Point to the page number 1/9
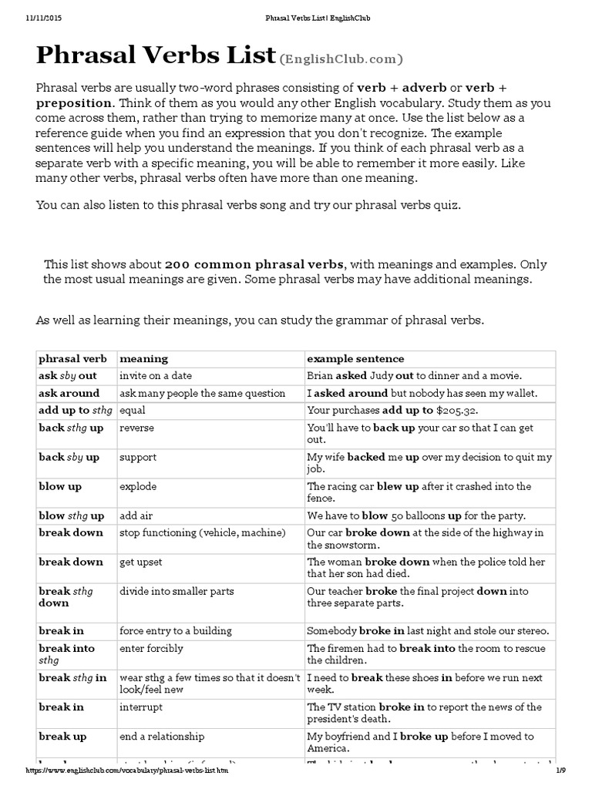(x=560, y=770)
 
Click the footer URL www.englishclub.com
(x=128, y=770)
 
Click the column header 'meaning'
(x=143, y=359)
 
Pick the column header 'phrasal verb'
(x=73, y=359)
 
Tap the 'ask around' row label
(x=69, y=393)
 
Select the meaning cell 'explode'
(x=140, y=486)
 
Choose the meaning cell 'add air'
(x=138, y=515)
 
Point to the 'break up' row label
(x=62, y=736)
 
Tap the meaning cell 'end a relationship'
(x=162, y=736)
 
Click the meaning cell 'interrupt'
(x=141, y=707)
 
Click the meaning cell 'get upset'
(x=141, y=562)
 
